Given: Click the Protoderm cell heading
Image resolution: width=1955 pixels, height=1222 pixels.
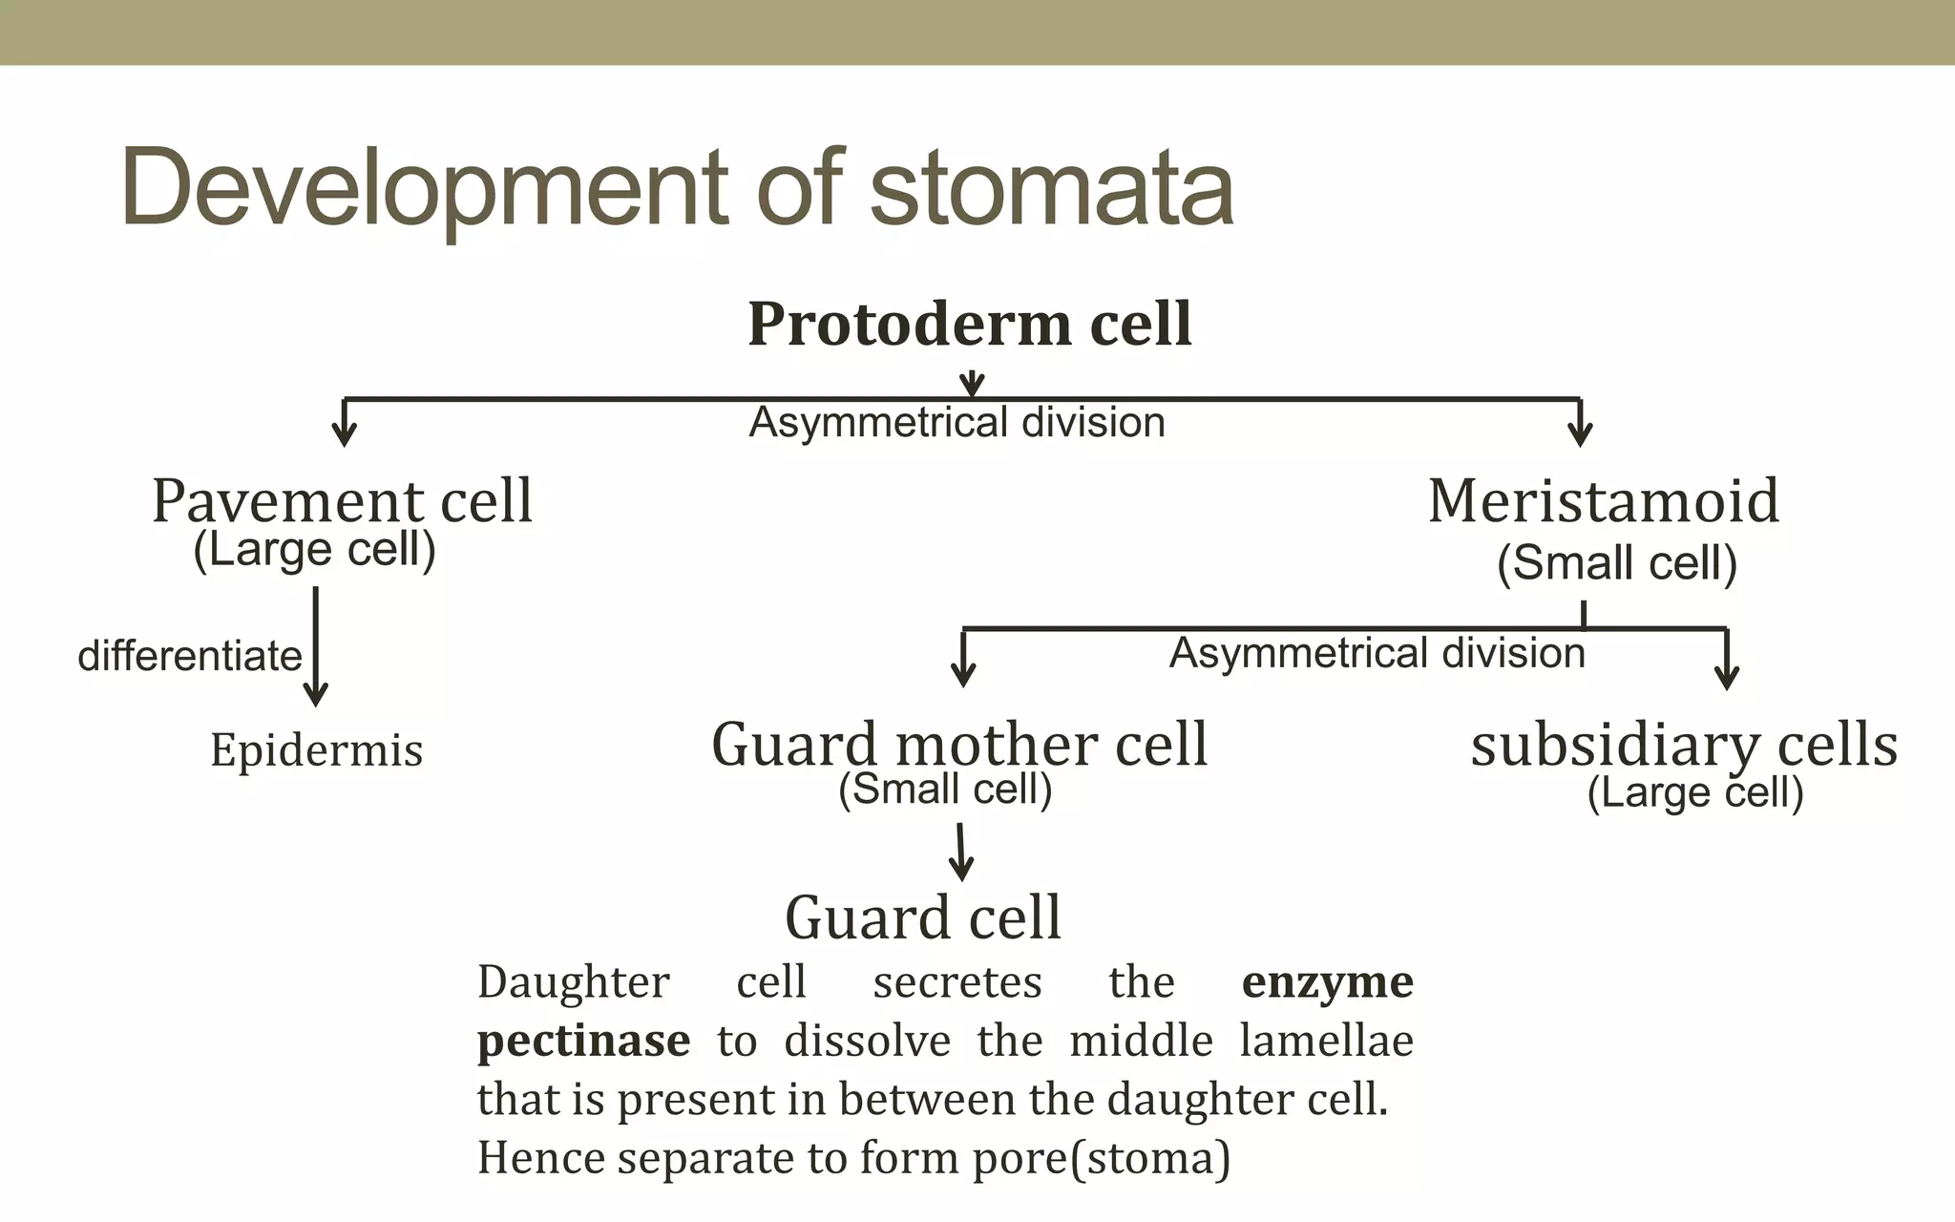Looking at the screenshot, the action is (969, 324).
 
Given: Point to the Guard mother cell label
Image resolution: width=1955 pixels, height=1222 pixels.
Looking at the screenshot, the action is (959, 744).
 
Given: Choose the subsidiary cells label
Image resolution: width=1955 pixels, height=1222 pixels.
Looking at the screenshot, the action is (1684, 745).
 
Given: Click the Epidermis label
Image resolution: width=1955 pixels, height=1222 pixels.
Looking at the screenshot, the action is (316, 749).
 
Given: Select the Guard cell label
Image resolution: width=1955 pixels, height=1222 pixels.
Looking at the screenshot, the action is (923, 917).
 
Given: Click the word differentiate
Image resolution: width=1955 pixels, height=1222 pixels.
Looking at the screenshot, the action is (190, 656).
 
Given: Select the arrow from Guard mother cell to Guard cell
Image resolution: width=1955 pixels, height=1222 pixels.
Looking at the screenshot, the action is (961, 853).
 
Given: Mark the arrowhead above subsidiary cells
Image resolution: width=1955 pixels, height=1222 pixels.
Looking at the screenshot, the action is (1726, 673).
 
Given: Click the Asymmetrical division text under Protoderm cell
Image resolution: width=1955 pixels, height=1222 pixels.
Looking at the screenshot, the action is (956, 422).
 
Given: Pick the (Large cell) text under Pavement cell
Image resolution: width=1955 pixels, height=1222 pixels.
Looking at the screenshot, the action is (314, 549).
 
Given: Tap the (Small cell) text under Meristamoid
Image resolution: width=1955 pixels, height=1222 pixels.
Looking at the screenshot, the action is (1616, 562).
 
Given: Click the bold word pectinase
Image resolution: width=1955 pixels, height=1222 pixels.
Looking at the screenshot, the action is (583, 1041).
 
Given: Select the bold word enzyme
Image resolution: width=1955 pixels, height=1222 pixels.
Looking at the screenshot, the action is (1327, 982).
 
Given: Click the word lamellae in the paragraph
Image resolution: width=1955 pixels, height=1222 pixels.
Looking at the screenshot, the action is (1326, 1041).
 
